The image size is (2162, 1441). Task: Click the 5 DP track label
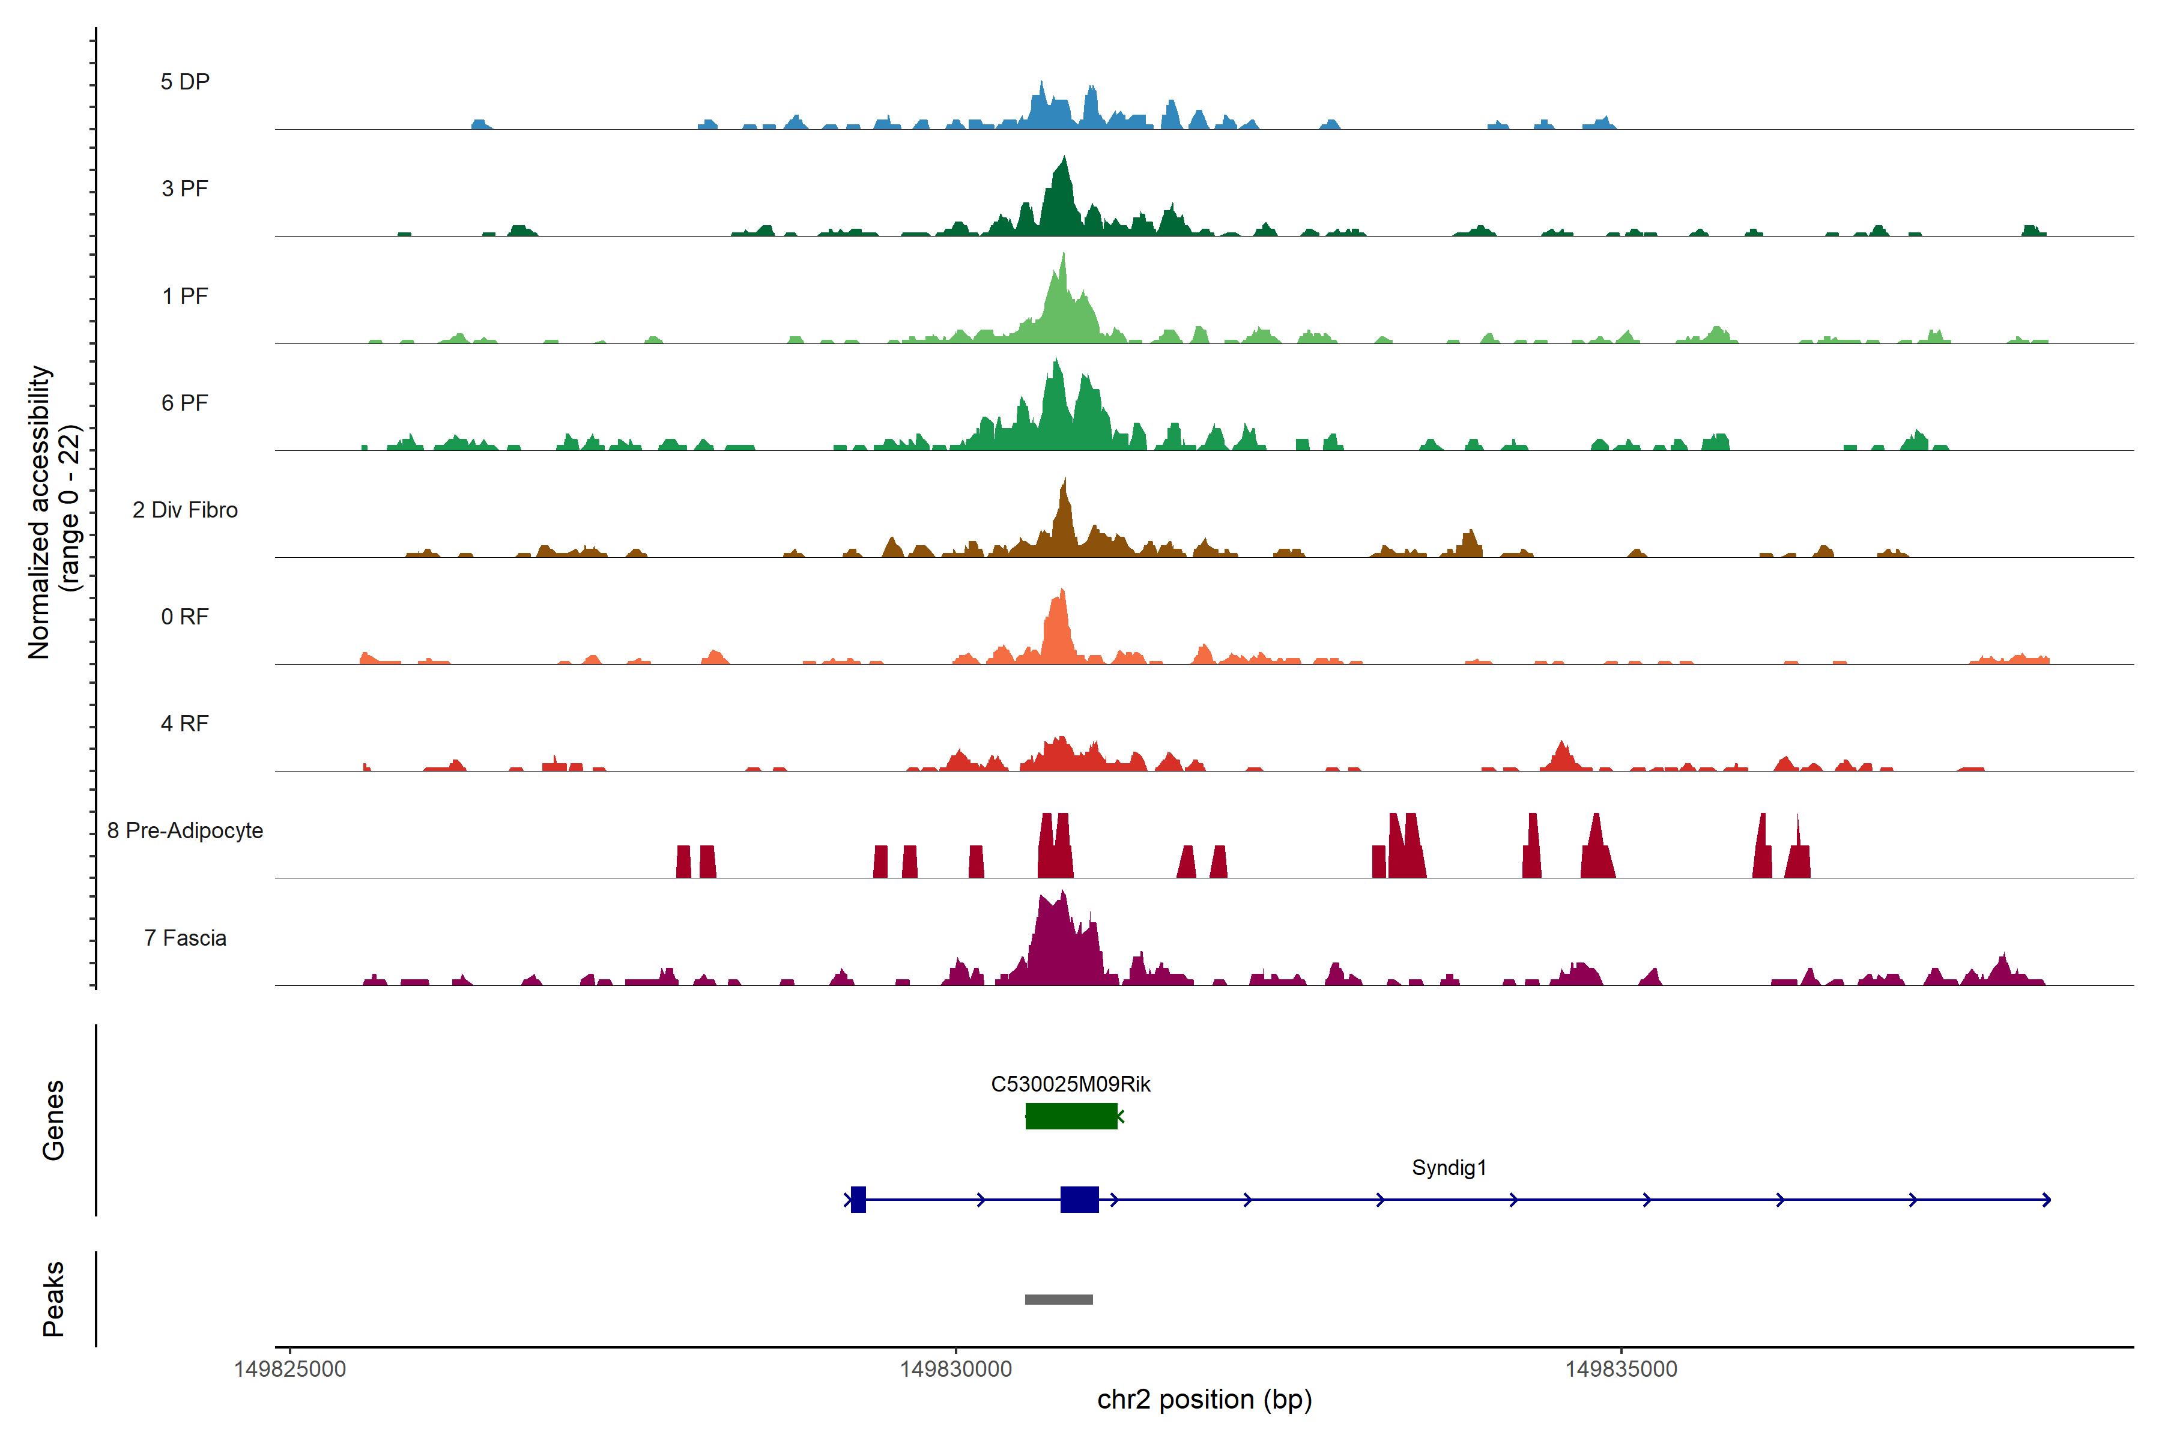185,82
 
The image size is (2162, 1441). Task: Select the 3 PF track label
185,189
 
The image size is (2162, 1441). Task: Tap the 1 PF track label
185,296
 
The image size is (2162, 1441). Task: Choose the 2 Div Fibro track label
185,510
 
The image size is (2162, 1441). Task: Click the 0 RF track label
185,617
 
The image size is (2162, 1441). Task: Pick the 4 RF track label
185,724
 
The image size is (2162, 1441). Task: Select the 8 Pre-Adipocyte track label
185,831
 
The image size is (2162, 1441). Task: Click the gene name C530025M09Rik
1070,1084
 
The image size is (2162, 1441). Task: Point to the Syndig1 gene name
1449,1168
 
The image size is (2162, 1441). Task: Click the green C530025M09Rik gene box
1071,1116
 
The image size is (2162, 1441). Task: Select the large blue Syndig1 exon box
1079,1199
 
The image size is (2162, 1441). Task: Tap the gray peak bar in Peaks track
1059,1299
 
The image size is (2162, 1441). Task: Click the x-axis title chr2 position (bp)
1204,1400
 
